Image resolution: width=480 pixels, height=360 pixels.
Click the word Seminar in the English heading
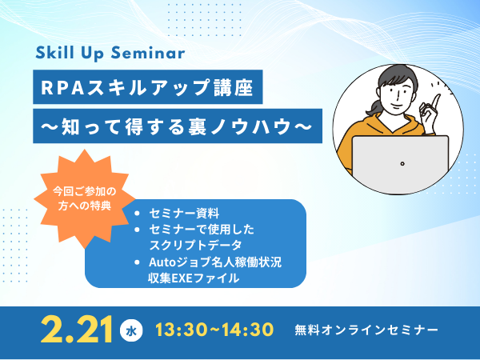point(148,53)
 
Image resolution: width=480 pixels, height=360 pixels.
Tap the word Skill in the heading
point(54,52)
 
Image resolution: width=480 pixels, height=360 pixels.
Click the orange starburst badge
point(85,198)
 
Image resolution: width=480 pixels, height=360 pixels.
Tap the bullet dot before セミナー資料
point(137,213)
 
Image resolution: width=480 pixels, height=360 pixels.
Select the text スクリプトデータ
point(195,245)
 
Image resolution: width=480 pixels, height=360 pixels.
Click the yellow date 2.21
point(77,330)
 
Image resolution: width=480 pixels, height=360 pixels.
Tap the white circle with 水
point(131,330)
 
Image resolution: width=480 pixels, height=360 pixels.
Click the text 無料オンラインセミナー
point(366,330)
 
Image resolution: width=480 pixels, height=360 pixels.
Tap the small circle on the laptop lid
point(402,164)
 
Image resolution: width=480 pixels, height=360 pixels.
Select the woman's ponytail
point(373,108)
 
